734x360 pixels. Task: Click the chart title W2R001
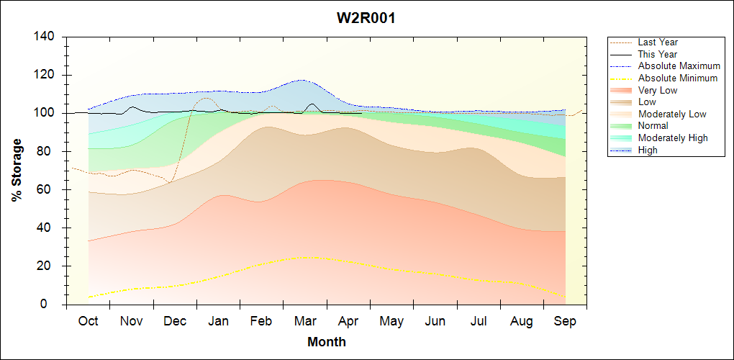click(x=366, y=19)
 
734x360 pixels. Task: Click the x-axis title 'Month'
click(x=327, y=342)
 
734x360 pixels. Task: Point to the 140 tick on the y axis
click(x=47, y=37)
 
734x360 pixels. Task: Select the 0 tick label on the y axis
click(x=55, y=305)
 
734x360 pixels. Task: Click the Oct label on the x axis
click(x=88, y=321)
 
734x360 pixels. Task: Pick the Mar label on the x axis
click(x=305, y=321)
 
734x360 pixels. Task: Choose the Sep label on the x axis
click(x=565, y=321)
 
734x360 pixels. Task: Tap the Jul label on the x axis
click(x=479, y=321)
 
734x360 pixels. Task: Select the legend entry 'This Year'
click(x=657, y=54)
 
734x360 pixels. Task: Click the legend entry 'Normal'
click(x=653, y=125)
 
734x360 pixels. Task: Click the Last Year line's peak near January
click(x=206, y=97)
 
